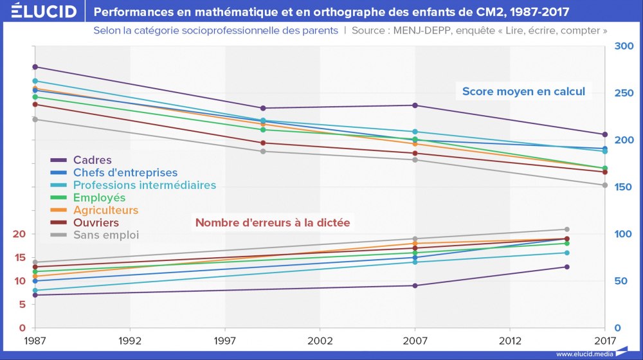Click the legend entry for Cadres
[x=93, y=160]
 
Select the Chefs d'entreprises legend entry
[x=125, y=172]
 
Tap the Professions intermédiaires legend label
[x=145, y=185]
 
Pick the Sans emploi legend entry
[x=106, y=235]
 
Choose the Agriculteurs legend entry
[x=105, y=210]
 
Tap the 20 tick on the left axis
[x=20, y=234]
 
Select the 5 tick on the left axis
[x=23, y=304]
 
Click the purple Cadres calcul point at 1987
[x=35, y=67]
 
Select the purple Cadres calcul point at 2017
[x=605, y=134]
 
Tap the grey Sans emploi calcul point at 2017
[x=605, y=185]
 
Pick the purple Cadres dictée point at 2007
[x=415, y=285]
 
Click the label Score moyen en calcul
[x=524, y=91]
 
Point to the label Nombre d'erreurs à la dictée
[x=273, y=223]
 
